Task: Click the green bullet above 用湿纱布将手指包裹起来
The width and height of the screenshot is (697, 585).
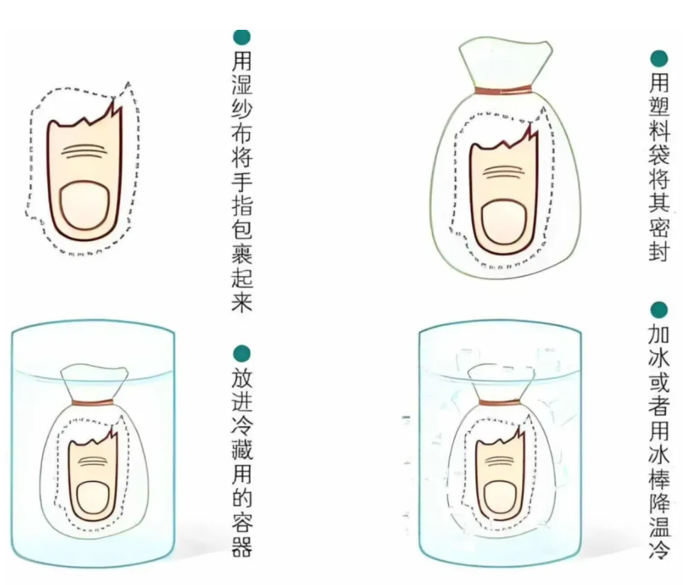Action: coord(242,36)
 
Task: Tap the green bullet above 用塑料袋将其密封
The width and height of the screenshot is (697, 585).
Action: coord(659,59)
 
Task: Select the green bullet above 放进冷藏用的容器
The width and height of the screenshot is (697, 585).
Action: coord(242,354)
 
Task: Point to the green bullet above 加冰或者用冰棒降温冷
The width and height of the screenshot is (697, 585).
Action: coord(659,311)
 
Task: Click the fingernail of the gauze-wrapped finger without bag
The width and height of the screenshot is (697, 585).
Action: coord(84,204)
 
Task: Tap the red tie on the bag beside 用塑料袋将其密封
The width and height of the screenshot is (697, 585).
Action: coord(503,91)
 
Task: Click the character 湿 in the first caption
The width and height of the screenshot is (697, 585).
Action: coord(242,84)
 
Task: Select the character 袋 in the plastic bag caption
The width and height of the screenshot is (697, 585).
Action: coord(659,157)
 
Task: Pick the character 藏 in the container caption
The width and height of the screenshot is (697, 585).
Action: coord(242,450)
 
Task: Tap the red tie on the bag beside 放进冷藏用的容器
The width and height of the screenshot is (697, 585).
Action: coord(93,403)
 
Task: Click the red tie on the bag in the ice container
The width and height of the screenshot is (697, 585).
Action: coord(500,403)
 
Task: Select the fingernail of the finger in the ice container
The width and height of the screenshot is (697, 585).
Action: coord(501,498)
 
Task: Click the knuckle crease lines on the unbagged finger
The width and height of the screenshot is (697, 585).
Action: coord(84,151)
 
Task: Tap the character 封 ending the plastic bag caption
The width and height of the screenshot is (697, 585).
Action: coord(659,252)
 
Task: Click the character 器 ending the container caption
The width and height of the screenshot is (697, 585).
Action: coord(242,547)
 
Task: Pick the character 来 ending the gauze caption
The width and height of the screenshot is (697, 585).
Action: coord(242,301)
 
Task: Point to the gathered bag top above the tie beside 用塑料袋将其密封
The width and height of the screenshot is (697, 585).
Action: coord(506,63)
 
